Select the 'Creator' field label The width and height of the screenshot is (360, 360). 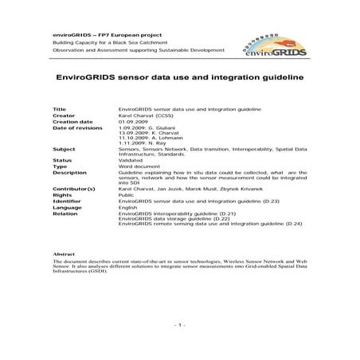tap(65, 114)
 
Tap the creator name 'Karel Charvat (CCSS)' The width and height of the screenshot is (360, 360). tap(149, 114)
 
